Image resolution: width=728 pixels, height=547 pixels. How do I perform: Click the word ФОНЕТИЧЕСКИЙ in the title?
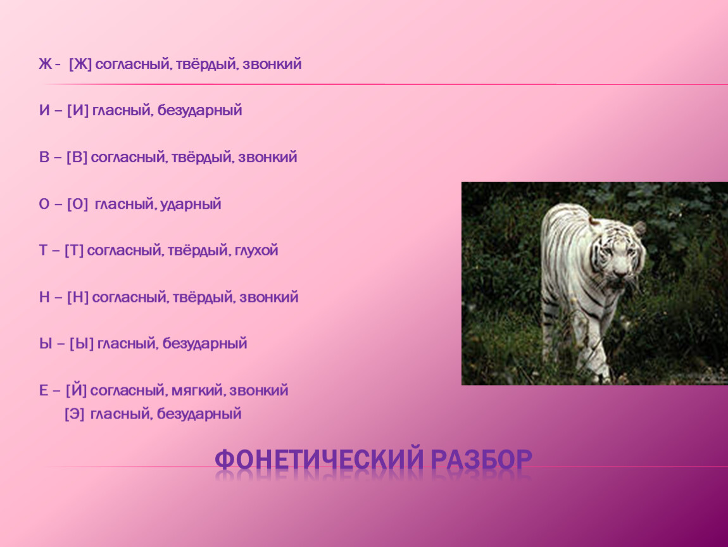point(318,460)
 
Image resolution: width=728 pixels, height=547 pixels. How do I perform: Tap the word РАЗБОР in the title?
point(482,460)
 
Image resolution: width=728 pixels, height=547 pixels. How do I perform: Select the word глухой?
point(256,251)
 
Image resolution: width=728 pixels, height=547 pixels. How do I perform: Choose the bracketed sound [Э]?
point(74,414)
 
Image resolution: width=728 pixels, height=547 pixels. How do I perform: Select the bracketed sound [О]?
point(77,204)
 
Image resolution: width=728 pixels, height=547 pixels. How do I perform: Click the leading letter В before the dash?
point(44,158)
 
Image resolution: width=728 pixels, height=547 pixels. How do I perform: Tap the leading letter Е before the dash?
point(44,391)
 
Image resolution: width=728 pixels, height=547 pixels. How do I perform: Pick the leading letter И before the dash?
point(44,111)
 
